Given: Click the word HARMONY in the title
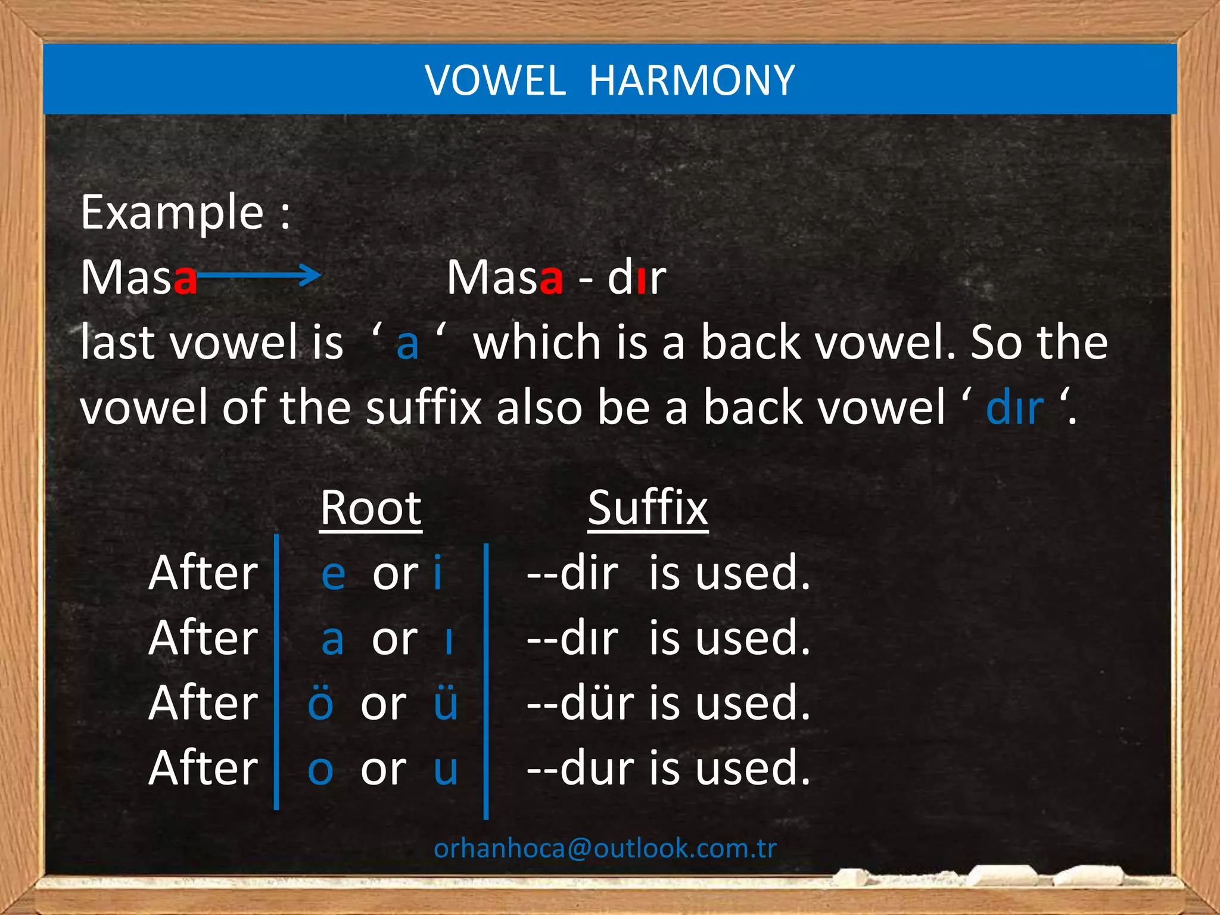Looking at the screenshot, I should [692, 80].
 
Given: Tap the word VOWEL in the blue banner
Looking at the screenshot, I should [495, 80].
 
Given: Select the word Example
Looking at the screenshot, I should [172, 213].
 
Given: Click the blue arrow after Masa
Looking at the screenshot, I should [259, 275].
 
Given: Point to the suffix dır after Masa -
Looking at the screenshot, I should [636, 278].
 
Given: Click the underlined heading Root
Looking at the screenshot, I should [371, 508].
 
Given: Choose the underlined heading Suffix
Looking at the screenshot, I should [648, 508].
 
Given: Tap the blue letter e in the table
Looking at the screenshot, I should [333, 574].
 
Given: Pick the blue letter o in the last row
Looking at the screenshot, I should [320, 770].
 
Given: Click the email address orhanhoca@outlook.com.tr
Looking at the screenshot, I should [605, 848].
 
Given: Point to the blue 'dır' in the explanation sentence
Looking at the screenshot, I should [1014, 408].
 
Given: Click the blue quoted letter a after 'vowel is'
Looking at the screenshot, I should [407, 344].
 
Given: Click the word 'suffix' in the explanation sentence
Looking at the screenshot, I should [424, 407].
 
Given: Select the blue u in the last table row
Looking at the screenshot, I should [446, 770].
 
